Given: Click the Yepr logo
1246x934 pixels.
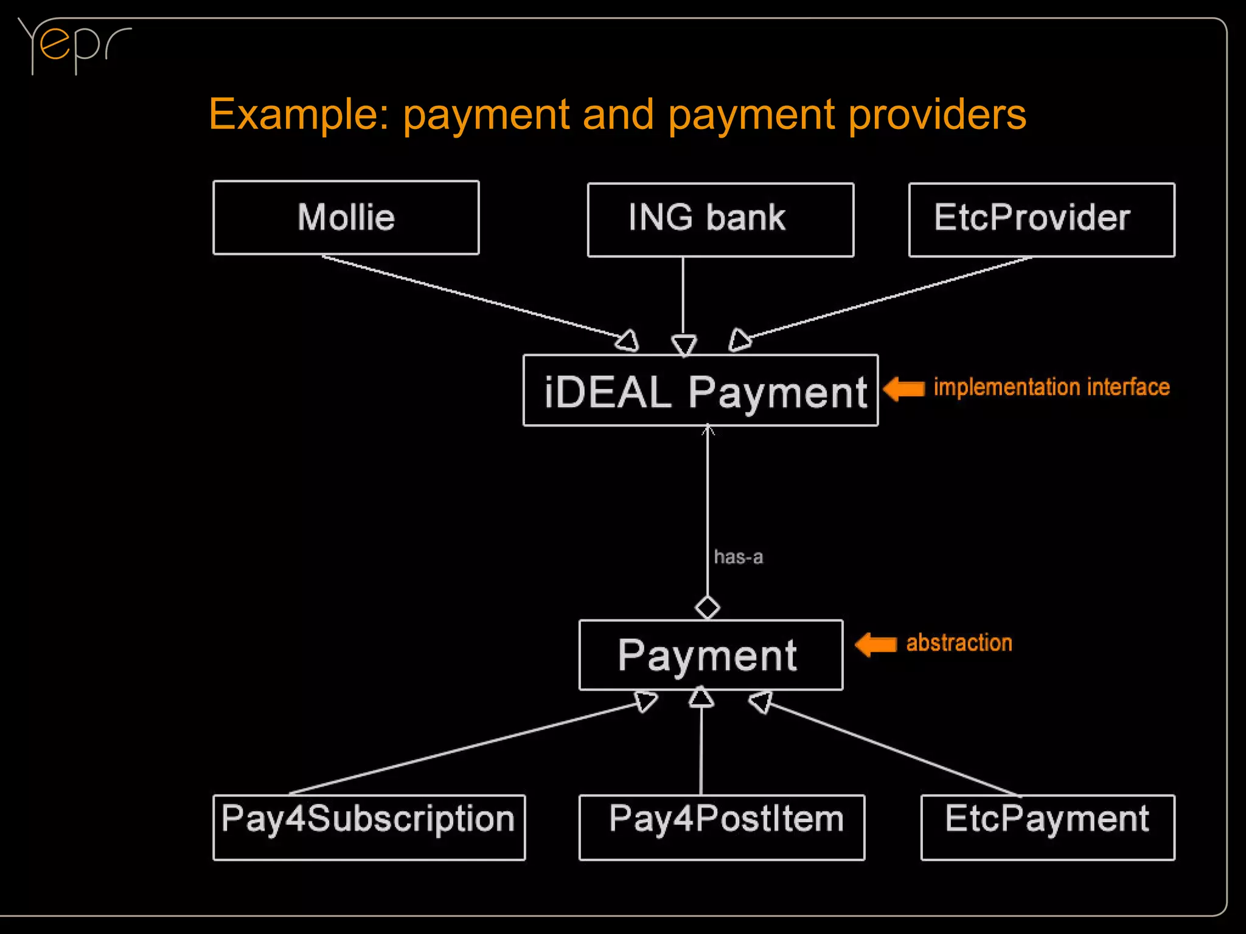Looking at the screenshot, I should click(x=73, y=46).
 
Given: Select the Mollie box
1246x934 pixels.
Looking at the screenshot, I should click(x=346, y=218).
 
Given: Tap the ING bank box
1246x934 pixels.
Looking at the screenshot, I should click(x=720, y=220).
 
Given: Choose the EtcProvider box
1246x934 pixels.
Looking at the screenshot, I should click(x=1041, y=220).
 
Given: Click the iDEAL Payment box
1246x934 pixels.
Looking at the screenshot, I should click(x=700, y=391).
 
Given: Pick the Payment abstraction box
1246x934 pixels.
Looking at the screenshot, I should click(x=711, y=655).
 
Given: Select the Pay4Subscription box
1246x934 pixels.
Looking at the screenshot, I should click(x=369, y=827).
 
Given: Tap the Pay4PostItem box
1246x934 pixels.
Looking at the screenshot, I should click(x=722, y=827).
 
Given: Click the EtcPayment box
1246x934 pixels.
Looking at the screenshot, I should click(x=1048, y=827).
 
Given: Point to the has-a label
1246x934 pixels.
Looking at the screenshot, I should click(x=738, y=557).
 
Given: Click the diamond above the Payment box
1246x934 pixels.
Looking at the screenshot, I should click(x=707, y=607).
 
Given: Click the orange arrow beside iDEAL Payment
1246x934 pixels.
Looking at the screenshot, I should click(x=904, y=388).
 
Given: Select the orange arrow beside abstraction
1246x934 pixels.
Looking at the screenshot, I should click(x=876, y=644).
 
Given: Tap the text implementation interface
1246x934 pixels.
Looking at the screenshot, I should click(x=1051, y=387).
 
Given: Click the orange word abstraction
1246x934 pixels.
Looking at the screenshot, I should click(x=959, y=643).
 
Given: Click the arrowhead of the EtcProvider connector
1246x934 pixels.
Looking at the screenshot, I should click(x=739, y=339).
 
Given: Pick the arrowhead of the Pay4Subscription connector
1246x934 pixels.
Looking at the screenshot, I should click(x=646, y=701).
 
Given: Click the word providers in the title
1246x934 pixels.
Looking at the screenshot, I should click(x=937, y=114).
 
